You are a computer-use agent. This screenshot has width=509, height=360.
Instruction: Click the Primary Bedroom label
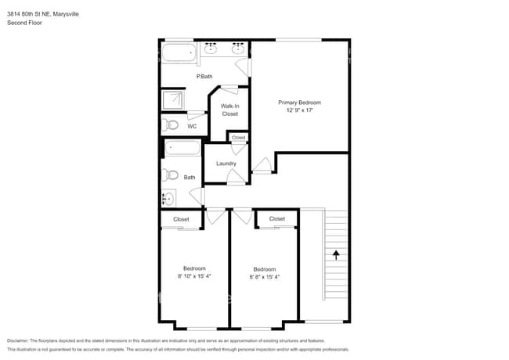[x=299, y=103]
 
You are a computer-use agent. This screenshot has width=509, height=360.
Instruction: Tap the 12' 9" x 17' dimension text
[x=299, y=110]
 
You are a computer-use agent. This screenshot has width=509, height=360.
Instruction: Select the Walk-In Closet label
[x=229, y=110]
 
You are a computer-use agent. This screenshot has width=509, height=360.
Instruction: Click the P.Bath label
[x=204, y=77]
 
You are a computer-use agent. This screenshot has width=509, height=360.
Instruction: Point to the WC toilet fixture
[x=170, y=124]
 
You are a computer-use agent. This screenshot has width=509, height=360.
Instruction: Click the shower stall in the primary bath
[x=173, y=100]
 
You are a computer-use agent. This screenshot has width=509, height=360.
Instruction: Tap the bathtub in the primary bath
[x=179, y=52]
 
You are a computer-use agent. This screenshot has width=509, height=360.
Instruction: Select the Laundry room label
[x=226, y=164]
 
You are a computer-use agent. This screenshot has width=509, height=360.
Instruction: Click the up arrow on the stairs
[x=336, y=255]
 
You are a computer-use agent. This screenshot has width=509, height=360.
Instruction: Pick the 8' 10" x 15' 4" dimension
[x=194, y=276]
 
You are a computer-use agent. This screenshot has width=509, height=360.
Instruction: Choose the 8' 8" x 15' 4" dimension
[x=265, y=277]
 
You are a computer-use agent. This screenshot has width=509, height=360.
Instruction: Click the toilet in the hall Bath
[x=171, y=175]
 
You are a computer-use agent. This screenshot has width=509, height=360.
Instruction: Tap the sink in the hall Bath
[x=168, y=198]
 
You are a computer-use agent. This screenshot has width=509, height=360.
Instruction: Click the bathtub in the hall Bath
[x=182, y=148]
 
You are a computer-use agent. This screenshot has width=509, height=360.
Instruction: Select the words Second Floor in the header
[x=24, y=23]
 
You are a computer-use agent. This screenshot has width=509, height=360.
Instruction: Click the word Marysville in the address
[x=66, y=14]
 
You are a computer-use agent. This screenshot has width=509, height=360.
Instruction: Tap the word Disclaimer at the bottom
[x=18, y=341]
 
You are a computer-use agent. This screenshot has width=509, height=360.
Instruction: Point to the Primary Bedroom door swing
[x=262, y=164]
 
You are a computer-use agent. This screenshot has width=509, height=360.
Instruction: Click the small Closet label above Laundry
[x=239, y=138]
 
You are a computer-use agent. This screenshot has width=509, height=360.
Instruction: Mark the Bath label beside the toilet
[x=190, y=178]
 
